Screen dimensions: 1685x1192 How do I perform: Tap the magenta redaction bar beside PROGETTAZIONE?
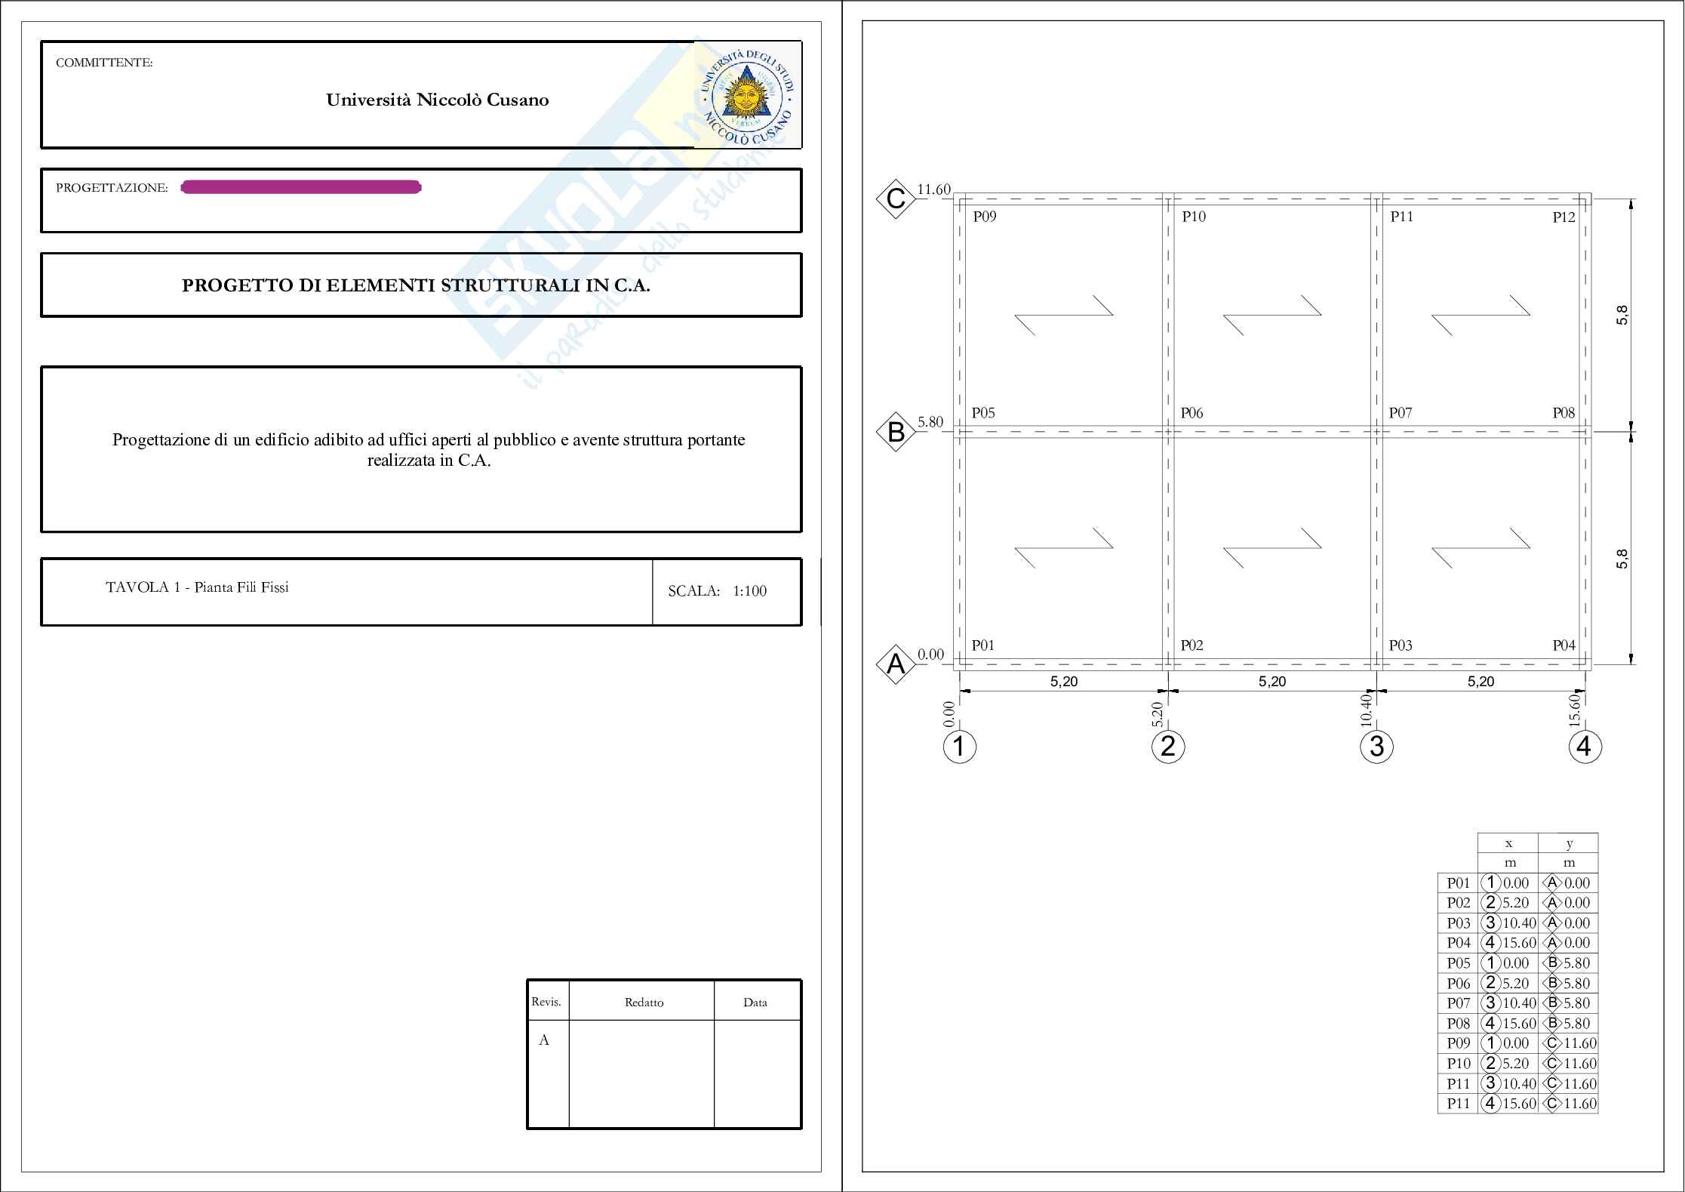tap(301, 187)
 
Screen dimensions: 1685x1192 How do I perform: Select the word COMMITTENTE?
tap(104, 63)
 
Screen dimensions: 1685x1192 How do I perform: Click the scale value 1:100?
tap(749, 591)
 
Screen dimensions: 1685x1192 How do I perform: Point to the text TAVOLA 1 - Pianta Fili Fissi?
tap(197, 587)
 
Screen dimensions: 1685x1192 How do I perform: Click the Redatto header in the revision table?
tap(644, 1003)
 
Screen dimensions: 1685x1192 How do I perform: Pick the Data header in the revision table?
tap(755, 1003)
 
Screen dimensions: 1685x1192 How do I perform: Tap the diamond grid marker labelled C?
tap(896, 199)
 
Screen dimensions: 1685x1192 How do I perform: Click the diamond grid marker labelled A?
tap(896, 665)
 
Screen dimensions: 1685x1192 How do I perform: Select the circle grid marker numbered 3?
tap(1376, 747)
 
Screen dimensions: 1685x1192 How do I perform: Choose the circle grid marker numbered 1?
tap(959, 747)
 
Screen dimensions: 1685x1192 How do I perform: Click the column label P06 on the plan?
tap(1191, 413)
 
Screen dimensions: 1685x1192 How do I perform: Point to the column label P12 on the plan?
tap(1564, 217)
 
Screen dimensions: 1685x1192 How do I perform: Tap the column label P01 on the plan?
tap(982, 645)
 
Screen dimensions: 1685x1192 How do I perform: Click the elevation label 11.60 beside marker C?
tap(933, 189)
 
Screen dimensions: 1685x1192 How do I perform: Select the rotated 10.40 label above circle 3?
tap(1366, 710)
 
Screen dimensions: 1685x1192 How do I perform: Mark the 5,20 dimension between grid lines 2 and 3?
tap(1272, 682)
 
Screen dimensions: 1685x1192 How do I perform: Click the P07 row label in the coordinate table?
tap(1459, 1003)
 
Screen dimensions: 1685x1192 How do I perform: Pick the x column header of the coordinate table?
tap(1508, 843)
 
